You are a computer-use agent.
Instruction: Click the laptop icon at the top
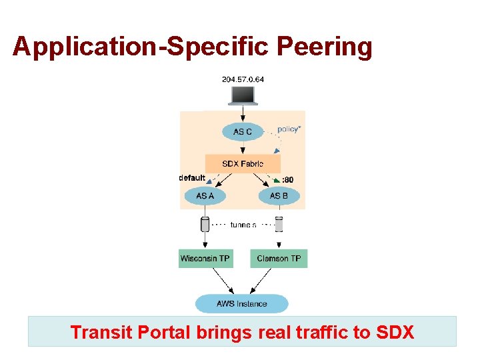[242, 95]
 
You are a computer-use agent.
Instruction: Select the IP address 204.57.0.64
[243, 79]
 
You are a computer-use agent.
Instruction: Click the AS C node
[243, 131]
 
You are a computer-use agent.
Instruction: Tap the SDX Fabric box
[243, 163]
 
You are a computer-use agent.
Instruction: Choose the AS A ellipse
[205, 196]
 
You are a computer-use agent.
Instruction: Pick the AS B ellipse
[279, 196]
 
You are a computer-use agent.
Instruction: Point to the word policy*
[289, 129]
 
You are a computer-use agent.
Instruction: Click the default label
[193, 178]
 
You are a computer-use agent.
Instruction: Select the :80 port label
[287, 179]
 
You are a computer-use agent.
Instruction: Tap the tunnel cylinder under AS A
[205, 224]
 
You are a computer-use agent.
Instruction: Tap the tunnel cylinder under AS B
[279, 224]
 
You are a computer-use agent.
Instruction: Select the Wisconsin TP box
[205, 258]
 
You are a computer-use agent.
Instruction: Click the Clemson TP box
[279, 258]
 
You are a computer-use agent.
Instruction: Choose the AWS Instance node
[242, 303]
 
